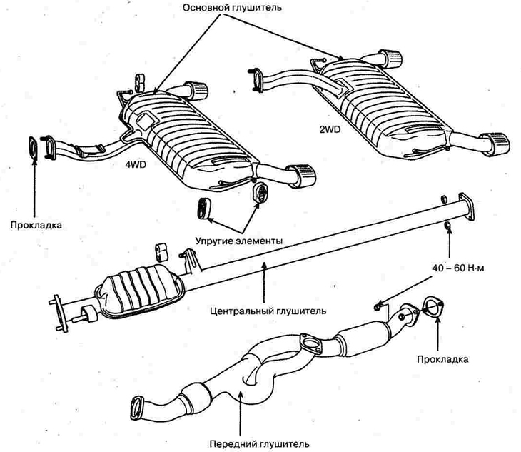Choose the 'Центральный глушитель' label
tap(270, 311)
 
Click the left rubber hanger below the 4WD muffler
tap(202, 207)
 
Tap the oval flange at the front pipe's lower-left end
tap(136, 409)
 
